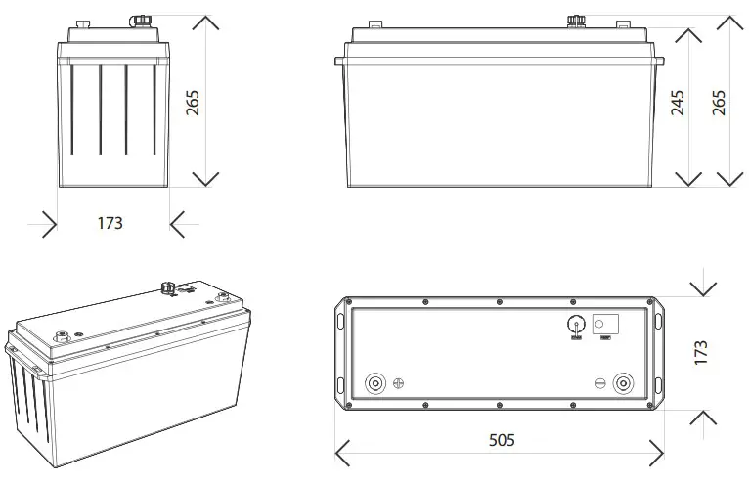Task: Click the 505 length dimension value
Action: click(x=500, y=440)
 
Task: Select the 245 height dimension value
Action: click(x=678, y=103)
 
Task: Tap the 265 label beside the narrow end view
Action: click(x=193, y=103)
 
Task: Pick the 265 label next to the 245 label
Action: click(x=720, y=103)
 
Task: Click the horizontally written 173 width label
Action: click(x=110, y=224)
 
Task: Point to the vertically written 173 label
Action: click(x=700, y=354)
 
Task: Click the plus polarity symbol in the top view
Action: click(x=398, y=384)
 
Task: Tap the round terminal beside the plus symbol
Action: click(x=374, y=383)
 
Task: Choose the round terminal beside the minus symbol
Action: click(x=622, y=383)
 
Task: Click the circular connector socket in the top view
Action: click(x=576, y=325)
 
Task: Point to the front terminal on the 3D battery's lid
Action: click(x=65, y=334)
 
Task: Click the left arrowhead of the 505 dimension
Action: click(x=342, y=453)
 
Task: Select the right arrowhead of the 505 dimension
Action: click(x=657, y=453)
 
